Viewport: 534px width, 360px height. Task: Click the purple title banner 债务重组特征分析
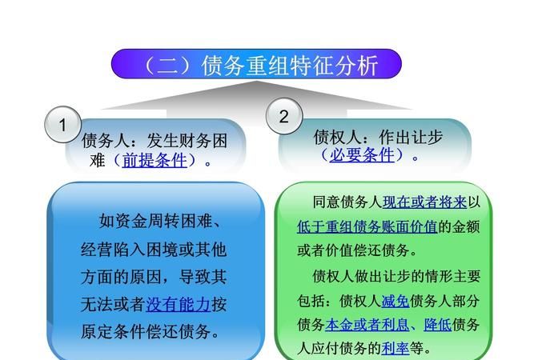(256, 64)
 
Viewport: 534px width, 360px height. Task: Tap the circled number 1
(62, 125)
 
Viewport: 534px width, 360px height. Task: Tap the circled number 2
(283, 117)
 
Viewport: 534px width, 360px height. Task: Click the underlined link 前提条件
(154, 160)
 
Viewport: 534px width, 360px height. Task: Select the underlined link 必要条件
(362, 155)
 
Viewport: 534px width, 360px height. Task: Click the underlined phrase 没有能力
(179, 304)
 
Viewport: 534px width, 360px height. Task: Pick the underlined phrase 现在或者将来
(425, 202)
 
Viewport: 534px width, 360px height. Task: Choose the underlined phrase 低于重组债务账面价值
(367, 226)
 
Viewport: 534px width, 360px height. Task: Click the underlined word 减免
(395, 301)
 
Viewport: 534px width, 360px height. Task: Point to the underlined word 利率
(395, 349)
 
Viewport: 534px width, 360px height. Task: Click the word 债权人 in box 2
(333, 136)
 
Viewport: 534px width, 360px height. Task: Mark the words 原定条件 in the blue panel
(113, 330)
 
